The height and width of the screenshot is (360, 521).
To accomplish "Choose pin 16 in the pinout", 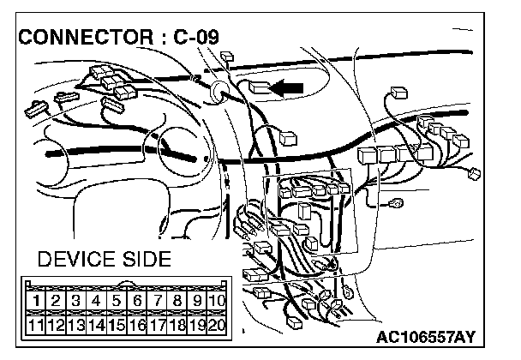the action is coord(135,326).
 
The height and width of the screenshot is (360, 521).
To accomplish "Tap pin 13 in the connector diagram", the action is coord(75,326).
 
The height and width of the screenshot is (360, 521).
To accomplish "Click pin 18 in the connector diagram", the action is coord(176,326).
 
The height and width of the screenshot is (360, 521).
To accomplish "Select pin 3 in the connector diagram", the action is coord(75,301).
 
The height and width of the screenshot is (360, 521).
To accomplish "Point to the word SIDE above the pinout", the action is coord(147,258).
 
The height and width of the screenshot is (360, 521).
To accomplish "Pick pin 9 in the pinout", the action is coord(196,301).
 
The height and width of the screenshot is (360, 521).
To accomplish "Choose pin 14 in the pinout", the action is coord(95,326).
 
